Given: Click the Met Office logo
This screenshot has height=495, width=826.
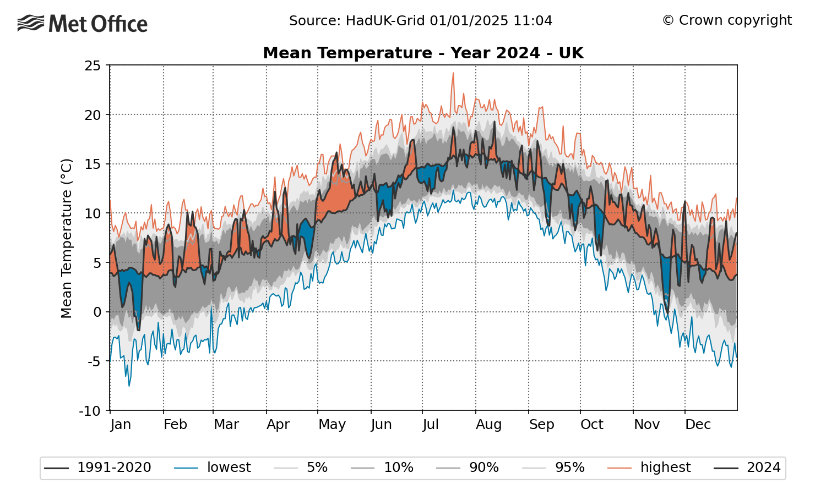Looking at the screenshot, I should coord(83,24).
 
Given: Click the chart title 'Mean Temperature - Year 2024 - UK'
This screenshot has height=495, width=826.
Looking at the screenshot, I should coord(423,53).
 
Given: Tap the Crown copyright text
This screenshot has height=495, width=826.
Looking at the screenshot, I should coord(727,20).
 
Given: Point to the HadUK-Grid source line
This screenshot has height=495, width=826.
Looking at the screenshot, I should coord(421,21).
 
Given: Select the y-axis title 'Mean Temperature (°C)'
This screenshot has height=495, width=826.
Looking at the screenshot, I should coord(67,238).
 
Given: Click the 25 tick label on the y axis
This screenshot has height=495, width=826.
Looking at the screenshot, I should coord(93,66).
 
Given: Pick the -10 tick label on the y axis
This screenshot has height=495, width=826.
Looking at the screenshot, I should coord(90,411).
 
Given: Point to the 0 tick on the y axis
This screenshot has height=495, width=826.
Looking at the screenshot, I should coord(97,312).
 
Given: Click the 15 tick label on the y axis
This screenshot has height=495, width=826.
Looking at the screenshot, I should coord(93,164).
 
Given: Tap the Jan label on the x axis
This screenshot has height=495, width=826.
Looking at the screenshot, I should coord(121,425).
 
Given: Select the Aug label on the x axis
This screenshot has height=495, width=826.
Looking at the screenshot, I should coord(488,425).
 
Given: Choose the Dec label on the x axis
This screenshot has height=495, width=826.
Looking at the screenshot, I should coord(698,425).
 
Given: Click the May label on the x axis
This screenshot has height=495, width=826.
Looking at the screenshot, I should coord(332,425).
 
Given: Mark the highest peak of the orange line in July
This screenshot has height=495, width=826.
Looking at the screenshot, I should coord(453,73).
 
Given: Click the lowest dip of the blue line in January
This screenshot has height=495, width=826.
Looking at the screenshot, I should coord(129,386).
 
